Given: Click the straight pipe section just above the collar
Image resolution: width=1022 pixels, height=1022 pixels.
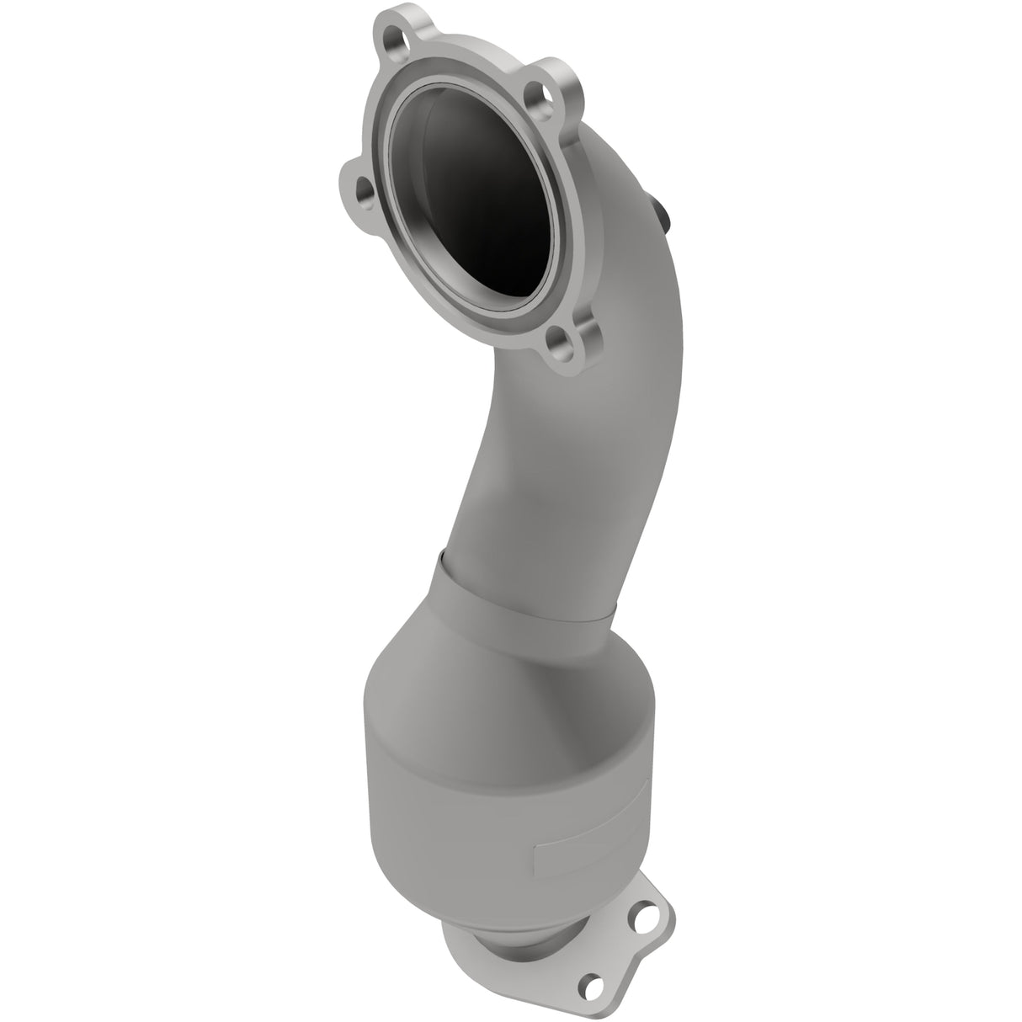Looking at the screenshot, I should pos(539,522).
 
